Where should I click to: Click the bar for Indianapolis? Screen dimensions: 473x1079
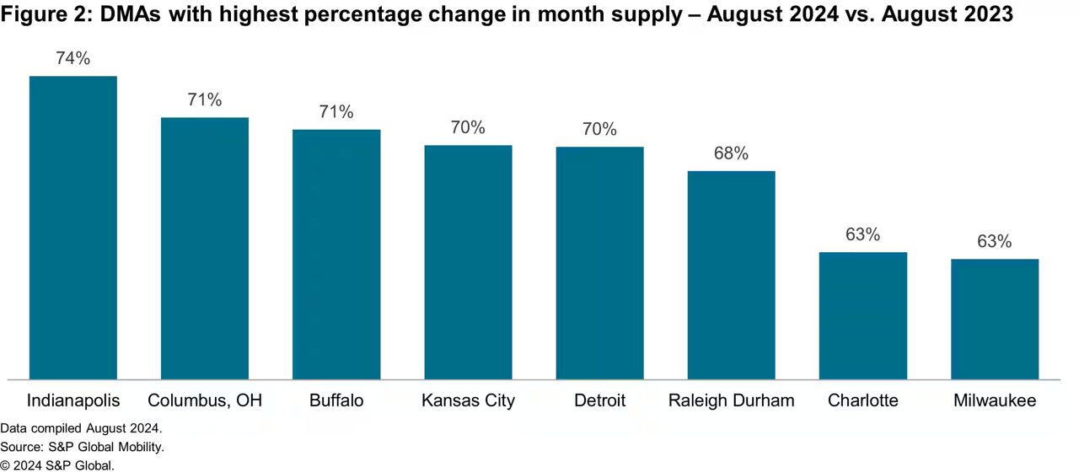point(73,228)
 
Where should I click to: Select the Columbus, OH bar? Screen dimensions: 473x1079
point(205,249)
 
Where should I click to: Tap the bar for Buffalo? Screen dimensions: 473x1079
point(336,255)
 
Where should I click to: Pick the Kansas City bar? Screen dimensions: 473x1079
point(468,262)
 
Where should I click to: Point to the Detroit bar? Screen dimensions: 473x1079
point(599,263)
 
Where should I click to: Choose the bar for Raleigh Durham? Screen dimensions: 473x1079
point(731,275)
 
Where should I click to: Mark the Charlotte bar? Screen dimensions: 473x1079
point(862,315)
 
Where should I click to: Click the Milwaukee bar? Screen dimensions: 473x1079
point(994,319)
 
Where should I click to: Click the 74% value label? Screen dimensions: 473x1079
point(73,58)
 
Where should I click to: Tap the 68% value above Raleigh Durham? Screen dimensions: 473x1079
point(731,153)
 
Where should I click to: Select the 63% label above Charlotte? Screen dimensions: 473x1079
point(862,234)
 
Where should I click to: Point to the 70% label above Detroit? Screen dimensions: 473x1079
point(599,129)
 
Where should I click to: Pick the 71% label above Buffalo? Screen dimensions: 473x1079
point(336,111)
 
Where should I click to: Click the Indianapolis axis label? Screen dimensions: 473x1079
point(73,400)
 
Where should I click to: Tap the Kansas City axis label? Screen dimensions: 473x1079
point(468,400)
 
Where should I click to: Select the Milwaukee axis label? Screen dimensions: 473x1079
point(994,400)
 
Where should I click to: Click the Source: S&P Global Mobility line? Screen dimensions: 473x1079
point(82,447)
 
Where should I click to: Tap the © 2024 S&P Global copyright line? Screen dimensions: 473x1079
point(56,465)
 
